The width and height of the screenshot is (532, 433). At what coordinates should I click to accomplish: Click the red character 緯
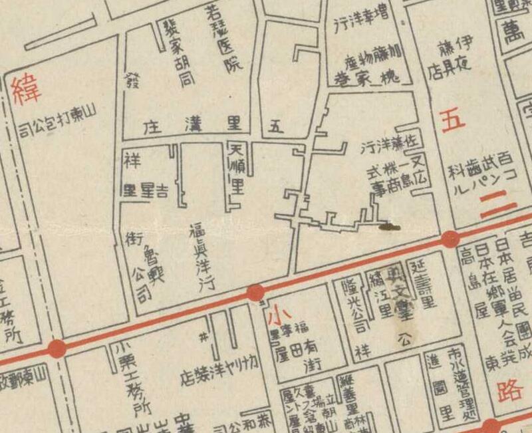(x=26, y=91)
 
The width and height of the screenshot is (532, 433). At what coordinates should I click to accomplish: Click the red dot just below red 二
(x=451, y=239)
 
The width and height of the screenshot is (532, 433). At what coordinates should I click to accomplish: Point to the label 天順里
(x=236, y=170)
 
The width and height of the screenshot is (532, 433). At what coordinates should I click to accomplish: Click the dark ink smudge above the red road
(x=390, y=227)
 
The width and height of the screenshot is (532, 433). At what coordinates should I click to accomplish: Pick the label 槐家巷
(x=370, y=78)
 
